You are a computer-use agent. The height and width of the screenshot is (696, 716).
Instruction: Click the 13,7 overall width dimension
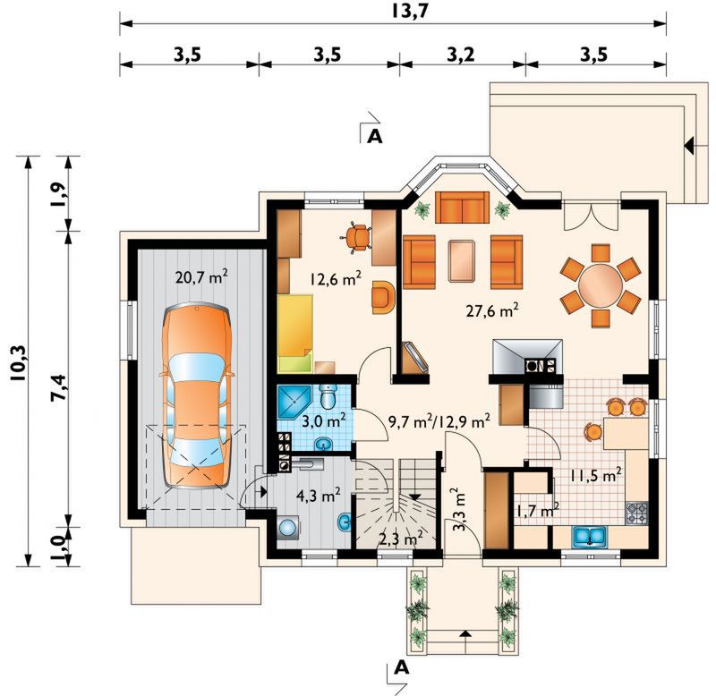pyautogui.click(x=411, y=11)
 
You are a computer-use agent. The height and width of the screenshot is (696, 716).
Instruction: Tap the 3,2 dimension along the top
pyautogui.click(x=461, y=55)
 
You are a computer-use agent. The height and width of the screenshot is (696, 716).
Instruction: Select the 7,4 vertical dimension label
pyautogui.click(x=59, y=387)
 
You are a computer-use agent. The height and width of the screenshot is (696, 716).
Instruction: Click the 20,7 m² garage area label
pyautogui.click(x=201, y=276)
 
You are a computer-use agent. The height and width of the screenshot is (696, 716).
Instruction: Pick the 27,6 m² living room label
pyautogui.click(x=492, y=310)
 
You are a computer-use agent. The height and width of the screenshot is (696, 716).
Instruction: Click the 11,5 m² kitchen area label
pyautogui.click(x=595, y=476)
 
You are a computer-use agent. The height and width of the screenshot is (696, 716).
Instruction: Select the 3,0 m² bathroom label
pyautogui.click(x=324, y=420)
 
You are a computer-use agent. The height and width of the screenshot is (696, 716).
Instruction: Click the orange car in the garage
pyautogui.click(x=197, y=396)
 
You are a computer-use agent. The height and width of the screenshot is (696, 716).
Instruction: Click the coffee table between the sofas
pyautogui.click(x=462, y=260)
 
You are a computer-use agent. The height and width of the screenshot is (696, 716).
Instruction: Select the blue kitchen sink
pyautogui.click(x=590, y=537)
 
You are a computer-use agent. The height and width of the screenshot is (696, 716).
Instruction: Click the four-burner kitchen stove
pyautogui.click(x=636, y=513)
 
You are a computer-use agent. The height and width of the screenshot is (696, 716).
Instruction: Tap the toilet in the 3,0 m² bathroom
pyautogui.click(x=328, y=396)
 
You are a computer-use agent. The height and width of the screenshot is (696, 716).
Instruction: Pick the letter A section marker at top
pyautogui.click(x=374, y=136)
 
